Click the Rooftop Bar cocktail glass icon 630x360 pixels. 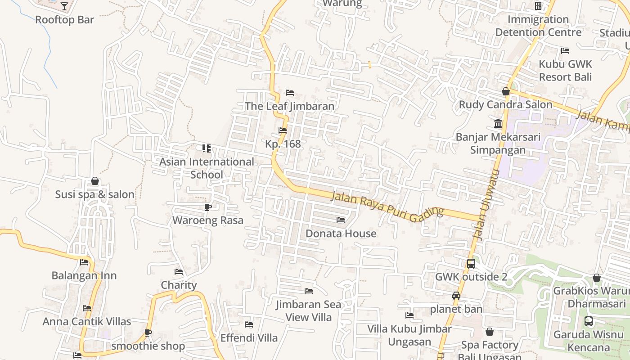[64, 6]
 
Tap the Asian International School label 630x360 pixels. [207, 168]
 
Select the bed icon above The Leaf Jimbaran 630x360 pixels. [290, 93]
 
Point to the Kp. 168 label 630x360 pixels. [283, 144]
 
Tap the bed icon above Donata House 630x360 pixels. [341, 220]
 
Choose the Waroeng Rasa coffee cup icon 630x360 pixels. [207, 207]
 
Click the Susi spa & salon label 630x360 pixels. [95, 194]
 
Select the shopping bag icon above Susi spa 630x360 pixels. [95, 181]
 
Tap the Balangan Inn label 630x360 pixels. [84, 275]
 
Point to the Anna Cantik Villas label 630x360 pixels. [87, 321]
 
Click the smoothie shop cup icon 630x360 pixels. [148, 333]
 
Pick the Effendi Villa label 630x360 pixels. [249, 337]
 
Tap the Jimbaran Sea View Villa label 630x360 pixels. [309, 310]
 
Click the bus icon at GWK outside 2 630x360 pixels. [471, 264]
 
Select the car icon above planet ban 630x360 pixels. [456, 296]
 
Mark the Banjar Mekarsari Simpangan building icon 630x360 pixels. [498, 123]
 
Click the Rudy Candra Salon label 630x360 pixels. [505, 104]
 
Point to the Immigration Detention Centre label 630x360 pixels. [538, 26]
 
